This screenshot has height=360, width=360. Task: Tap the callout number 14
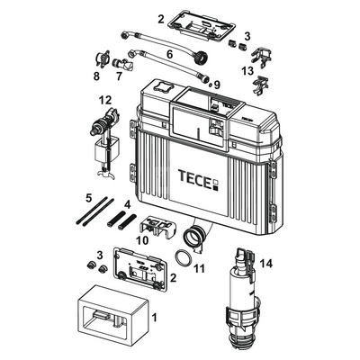(x=265, y=264)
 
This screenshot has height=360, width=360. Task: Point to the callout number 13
(x=247, y=71)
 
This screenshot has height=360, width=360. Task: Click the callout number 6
(x=170, y=54)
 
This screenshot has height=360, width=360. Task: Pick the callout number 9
(x=217, y=85)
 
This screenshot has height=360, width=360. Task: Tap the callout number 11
(x=199, y=268)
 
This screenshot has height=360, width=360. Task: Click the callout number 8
(x=96, y=76)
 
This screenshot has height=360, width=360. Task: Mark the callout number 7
(x=119, y=76)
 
